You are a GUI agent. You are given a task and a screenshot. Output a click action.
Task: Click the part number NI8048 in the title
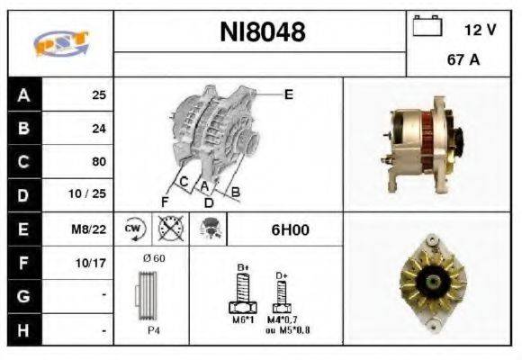tap(263, 32)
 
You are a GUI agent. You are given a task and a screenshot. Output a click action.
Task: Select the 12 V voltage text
tap(479, 30)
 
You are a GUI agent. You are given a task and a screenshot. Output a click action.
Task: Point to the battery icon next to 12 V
tap(425, 28)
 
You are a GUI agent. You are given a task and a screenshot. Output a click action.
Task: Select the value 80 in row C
tap(99, 162)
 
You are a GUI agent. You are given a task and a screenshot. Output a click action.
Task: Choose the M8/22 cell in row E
tap(92, 229)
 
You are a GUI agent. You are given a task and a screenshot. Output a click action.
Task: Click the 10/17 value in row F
tap(94, 264)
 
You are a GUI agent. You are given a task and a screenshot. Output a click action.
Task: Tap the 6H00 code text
tap(290, 229)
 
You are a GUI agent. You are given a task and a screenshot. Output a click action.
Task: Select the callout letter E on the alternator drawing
tap(288, 94)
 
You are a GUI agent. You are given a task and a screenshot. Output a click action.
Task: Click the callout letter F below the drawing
tap(165, 201)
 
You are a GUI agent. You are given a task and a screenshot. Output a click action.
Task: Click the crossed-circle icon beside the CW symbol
tap(166, 229)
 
